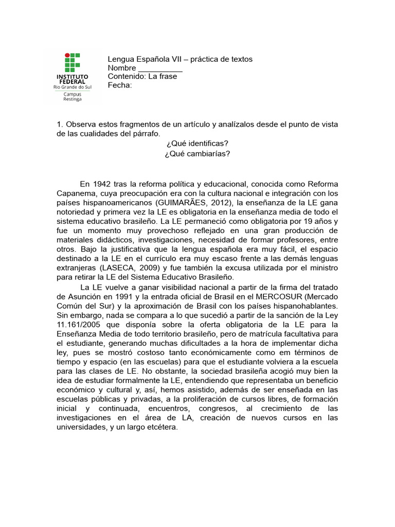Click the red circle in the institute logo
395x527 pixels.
(66, 55)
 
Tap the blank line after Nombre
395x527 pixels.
(160, 68)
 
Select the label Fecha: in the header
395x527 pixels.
(120, 85)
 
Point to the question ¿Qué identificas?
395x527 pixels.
(197, 143)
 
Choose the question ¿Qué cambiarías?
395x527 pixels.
(197, 153)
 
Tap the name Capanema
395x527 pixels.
(75, 194)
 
